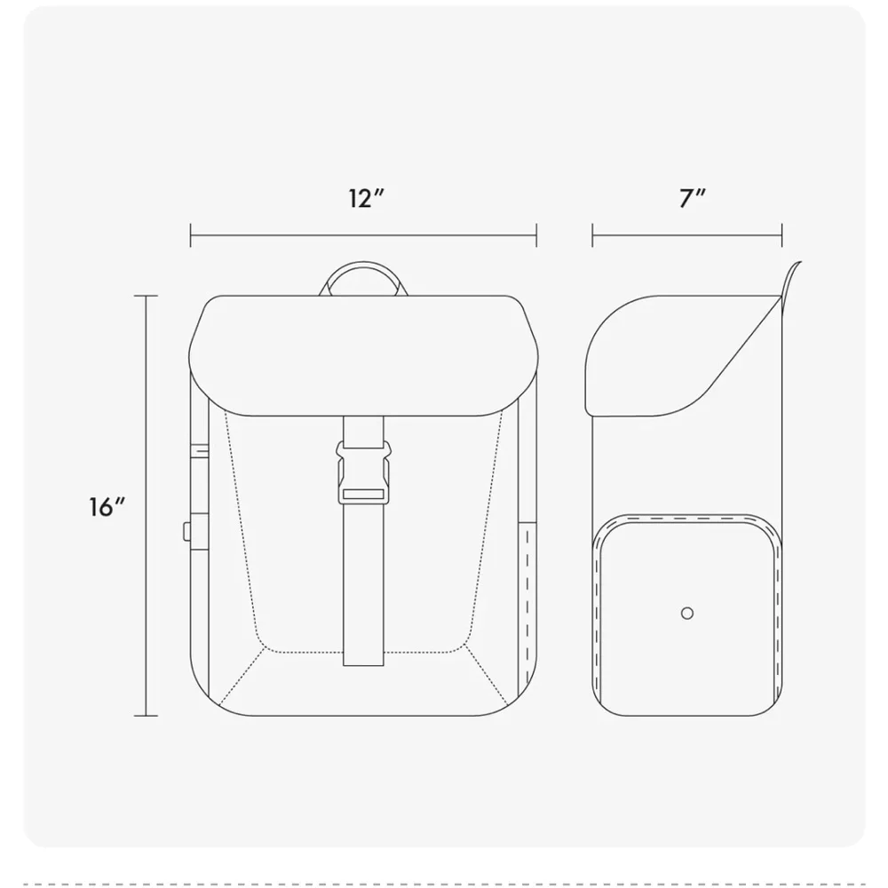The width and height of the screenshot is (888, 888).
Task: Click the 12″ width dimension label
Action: pyautogui.click(x=367, y=199)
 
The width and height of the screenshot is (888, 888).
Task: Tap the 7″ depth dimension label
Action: pyautogui.click(x=693, y=199)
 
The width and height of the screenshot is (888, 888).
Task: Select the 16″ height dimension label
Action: pyautogui.click(x=107, y=507)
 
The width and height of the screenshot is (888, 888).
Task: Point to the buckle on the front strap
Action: pyautogui.click(x=363, y=473)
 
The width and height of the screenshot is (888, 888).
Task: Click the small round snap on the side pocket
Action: pyautogui.click(x=687, y=614)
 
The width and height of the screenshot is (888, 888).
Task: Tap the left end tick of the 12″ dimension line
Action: pyautogui.click(x=191, y=235)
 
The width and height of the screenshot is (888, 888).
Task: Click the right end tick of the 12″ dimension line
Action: pyautogui.click(x=536, y=235)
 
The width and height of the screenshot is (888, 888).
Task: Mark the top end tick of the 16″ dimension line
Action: pyautogui.click(x=147, y=296)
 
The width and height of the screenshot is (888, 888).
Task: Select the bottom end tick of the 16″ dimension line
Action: pyautogui.click(x=147, y=716)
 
